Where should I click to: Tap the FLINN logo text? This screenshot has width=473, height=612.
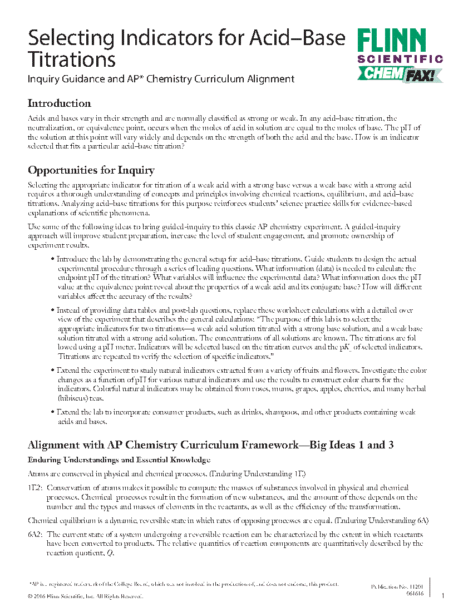pyautogui.click(x=392, y=42)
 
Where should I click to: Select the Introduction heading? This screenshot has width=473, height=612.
pyautogui.click(x=59, y=103)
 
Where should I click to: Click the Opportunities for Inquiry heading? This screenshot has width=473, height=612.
pyautogui.click(x=91, y=170)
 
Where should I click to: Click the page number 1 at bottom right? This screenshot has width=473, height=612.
pyautogui.click(x=443, y=596)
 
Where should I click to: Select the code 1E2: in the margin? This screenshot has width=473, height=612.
pyautogui.click(x=35, y=488)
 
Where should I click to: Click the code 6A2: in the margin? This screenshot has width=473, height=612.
pyautogui.click(x=36, y=534)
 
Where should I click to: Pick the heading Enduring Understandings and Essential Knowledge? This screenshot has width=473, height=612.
pyautogui.click(x=119, y=460)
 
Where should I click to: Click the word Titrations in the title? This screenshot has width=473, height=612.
pyautogui.click(x=72, y=59)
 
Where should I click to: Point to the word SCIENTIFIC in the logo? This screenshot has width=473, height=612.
pyautogui.click(x=400, y=58)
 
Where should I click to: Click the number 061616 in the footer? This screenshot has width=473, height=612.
pyautogui.click(x=415, y=594)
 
